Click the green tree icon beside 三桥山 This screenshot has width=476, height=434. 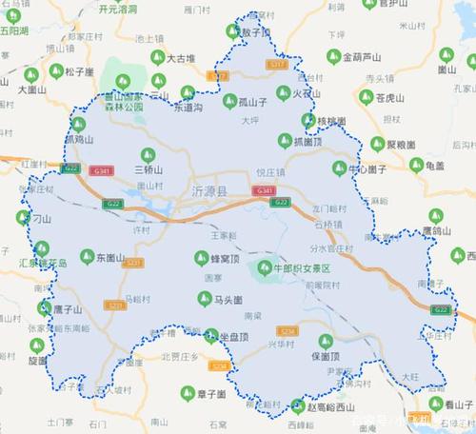[x=145, y=152]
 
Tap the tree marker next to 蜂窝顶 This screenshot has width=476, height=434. [x=201, y=257]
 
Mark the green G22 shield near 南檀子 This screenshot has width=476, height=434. [x=441, y=310]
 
